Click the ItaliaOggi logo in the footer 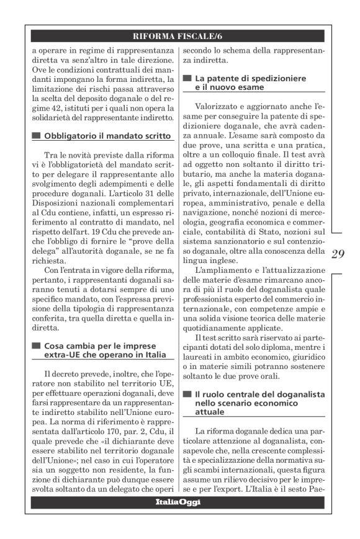[x=178, y=502]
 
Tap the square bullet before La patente [x=187, y=79]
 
